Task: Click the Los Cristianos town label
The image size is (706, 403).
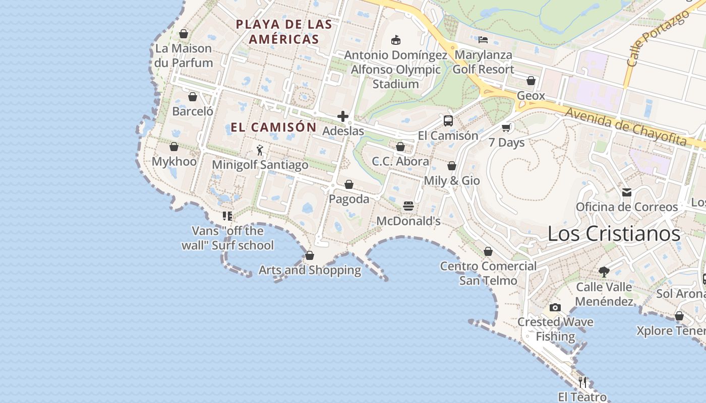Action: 614,234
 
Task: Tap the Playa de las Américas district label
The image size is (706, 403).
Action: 284,32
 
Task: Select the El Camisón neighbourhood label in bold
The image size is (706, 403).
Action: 273,127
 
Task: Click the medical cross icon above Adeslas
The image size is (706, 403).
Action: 343,117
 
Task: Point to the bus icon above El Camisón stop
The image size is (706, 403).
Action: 448,121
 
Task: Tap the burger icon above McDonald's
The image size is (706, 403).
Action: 408,206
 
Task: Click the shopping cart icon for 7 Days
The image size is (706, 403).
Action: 506,128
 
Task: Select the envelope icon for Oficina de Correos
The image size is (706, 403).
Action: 627,192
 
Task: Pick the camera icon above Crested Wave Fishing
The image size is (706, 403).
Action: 555,307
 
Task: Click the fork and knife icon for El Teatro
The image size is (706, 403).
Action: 582,382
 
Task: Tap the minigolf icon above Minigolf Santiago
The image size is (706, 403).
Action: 260,150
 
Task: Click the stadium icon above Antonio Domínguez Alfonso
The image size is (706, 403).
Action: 396,40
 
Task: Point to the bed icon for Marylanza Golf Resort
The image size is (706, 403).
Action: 483,40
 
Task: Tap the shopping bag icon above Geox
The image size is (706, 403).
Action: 531,81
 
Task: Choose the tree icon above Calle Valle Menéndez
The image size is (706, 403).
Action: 604,272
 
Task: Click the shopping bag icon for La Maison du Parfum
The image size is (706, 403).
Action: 184,34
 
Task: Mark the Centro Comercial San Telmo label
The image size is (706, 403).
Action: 488,273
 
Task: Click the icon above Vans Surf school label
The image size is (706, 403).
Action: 227,216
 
